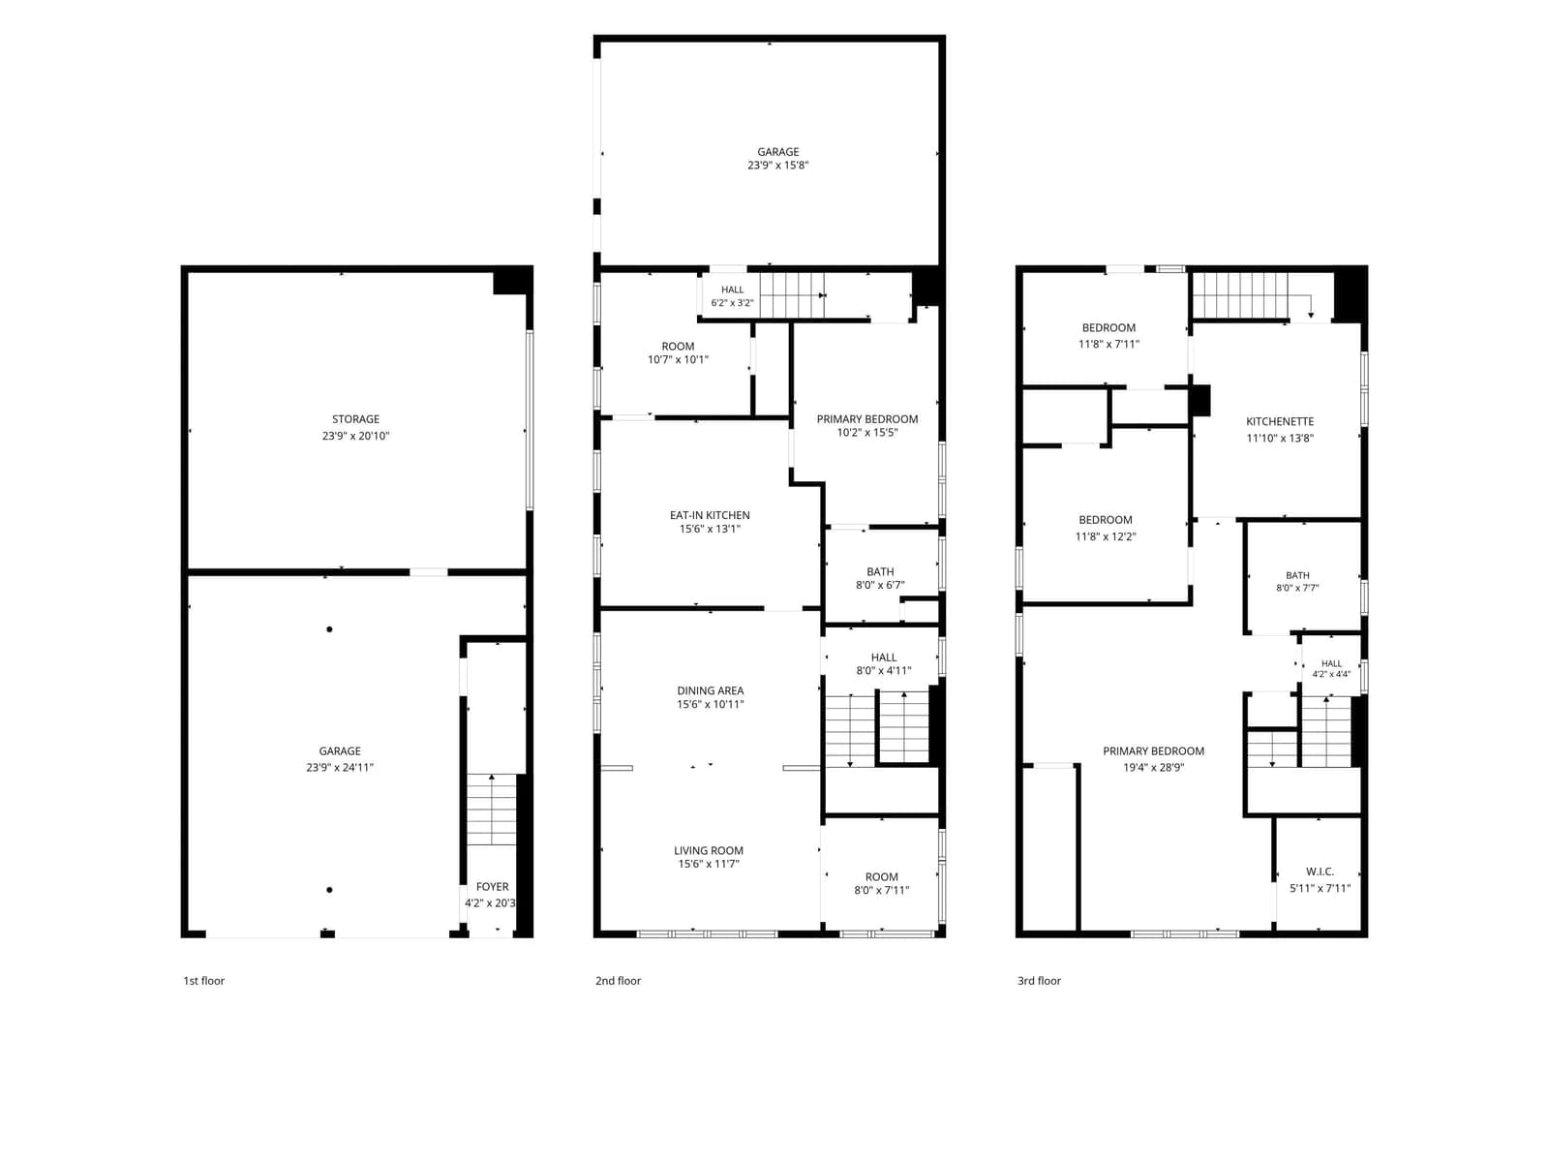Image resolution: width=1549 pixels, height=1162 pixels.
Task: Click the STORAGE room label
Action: click(355, 419)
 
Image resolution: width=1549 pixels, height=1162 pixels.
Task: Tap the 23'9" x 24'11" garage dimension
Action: click(340, 768)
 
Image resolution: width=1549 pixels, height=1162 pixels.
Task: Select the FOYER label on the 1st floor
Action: click(492, 887)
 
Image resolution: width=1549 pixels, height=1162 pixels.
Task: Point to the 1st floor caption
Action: click(204, 981)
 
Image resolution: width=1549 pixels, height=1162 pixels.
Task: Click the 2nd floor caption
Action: click(619, 981)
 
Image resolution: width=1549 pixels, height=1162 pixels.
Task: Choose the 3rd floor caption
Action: click(1039, 981)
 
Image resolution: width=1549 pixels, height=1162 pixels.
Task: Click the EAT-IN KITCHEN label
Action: click(710, 516)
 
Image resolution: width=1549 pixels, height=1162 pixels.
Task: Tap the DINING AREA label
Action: click(710, 690)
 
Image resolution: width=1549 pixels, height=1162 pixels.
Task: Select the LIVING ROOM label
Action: click(709, 851)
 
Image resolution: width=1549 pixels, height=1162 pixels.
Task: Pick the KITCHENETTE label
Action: click(1280, 422)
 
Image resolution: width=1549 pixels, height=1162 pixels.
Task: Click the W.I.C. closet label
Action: click(1320, 872)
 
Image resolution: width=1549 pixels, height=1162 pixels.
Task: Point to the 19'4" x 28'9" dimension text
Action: click(1153, 768)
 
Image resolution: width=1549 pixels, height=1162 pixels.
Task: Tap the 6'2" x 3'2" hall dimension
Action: click(732, 303)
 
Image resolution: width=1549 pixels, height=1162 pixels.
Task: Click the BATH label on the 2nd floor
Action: click(880, 572)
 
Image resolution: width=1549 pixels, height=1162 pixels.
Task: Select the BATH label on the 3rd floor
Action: click(1297, 576)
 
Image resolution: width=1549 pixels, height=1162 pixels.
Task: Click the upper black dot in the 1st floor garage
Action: click(329, 629)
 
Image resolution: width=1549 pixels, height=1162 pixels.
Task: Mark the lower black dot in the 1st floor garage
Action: click(329, 890)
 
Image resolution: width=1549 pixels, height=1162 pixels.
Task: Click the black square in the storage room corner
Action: click(511, 281)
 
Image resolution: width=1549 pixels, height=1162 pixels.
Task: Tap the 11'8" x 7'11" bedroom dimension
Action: click(1109, 345)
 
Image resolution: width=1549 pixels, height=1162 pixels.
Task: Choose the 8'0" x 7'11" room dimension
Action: click(881, 890)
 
